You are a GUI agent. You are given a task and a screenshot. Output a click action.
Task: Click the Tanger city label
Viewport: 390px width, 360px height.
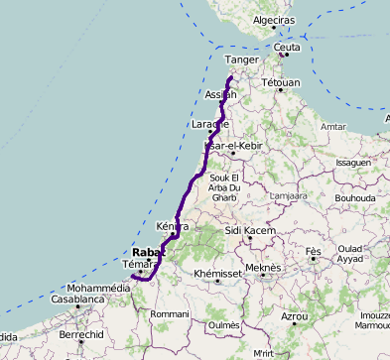(242, 60)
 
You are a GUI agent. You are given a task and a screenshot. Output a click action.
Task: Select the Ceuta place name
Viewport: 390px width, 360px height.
(287, 47)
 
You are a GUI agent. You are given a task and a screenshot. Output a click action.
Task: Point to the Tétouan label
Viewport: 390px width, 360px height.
(280, 83)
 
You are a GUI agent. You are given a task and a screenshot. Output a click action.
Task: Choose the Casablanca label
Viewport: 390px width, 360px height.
(78, 299)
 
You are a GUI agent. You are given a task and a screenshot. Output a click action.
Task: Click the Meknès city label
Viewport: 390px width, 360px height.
(263, 267)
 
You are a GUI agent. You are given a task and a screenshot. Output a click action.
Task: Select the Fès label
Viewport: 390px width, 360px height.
(314, 252)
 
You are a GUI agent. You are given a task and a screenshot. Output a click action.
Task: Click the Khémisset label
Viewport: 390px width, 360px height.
(217, 273)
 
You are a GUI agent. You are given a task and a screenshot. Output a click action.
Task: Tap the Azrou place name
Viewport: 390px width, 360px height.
(295, 316)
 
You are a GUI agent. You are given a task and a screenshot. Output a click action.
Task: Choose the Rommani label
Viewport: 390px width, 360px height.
(169, 314)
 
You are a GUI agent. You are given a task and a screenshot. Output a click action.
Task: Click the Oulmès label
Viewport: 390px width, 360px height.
(224, 324)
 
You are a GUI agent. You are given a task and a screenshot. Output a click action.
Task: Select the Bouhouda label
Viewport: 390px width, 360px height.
(354, 198)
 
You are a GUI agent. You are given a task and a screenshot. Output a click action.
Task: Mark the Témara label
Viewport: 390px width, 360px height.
(135, 265)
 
